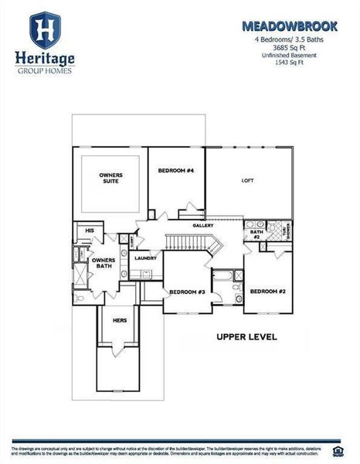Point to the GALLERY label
tap(203, 225)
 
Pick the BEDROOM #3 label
tap(186, 292)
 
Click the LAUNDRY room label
tap(145, 258)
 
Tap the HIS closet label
tap(89, 230)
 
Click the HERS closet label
tap(119, 320)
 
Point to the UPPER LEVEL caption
tap(246, 337)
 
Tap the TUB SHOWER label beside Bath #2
tap(285, 230)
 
